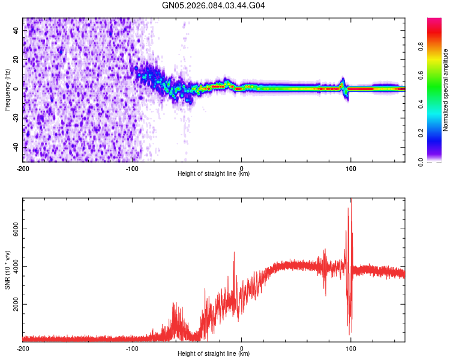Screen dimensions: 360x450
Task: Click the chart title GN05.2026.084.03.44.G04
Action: click(x=214, y=6)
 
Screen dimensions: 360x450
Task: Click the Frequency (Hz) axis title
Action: click(x=7, y=89)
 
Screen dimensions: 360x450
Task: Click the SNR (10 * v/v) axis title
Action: click(x=7, y=268)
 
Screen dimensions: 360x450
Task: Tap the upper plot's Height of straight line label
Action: click(x=214, y=173)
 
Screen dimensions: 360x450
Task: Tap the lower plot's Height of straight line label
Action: click(x=214, y=353)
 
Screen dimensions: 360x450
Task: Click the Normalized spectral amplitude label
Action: click(x=446, y=89)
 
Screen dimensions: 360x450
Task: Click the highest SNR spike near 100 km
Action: click(x=351, y=200)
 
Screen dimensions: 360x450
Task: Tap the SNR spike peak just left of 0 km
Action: click(x=234, y=253)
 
